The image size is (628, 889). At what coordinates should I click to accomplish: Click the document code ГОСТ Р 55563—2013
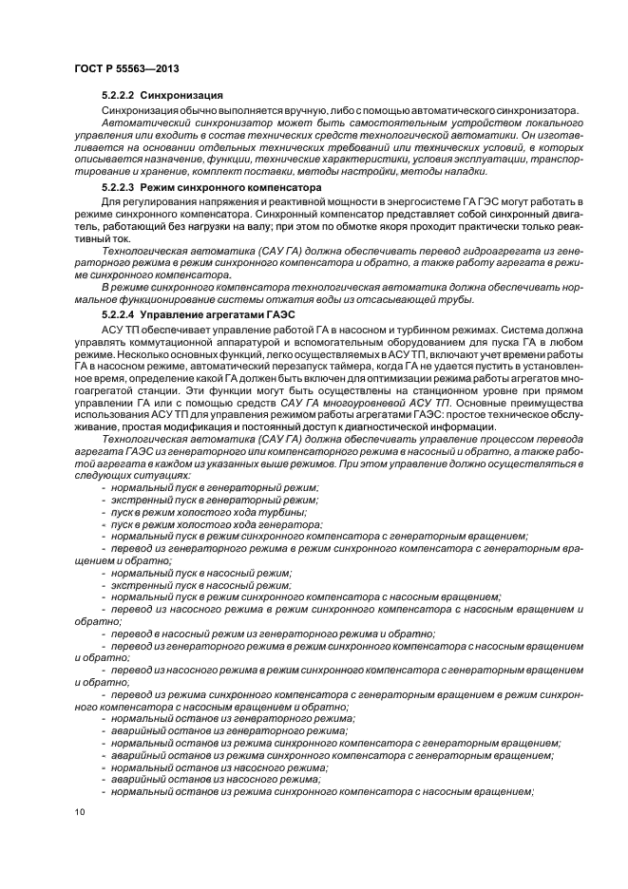point(126,69)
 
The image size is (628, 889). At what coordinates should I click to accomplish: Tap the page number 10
point(79,810)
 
